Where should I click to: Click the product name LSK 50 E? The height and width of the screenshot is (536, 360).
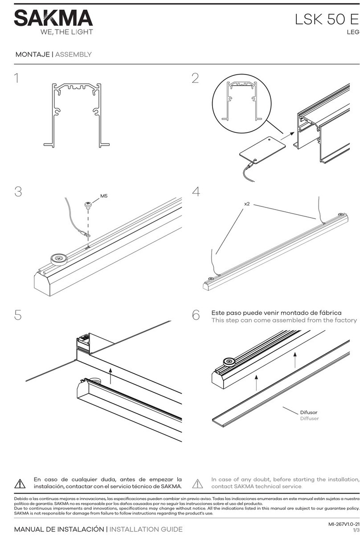click(327, 20)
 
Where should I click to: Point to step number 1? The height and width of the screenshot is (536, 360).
click(17, 79)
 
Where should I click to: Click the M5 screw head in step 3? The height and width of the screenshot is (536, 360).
click(88, 205)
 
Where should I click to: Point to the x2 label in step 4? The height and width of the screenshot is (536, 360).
click(247, 204)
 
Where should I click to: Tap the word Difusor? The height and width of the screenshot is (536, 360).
click(309, 412)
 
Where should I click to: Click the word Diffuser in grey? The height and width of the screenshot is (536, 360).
click(309, 419)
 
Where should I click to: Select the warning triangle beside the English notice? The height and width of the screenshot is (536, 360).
click(197, 483)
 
